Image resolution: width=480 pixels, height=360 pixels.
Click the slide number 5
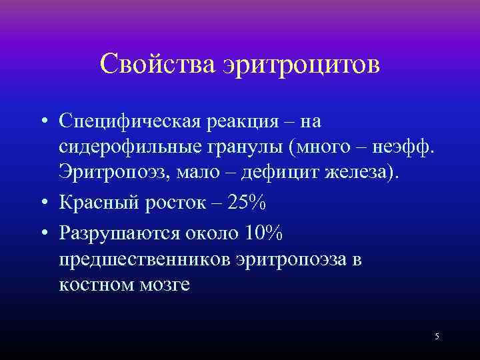[437, 336]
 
